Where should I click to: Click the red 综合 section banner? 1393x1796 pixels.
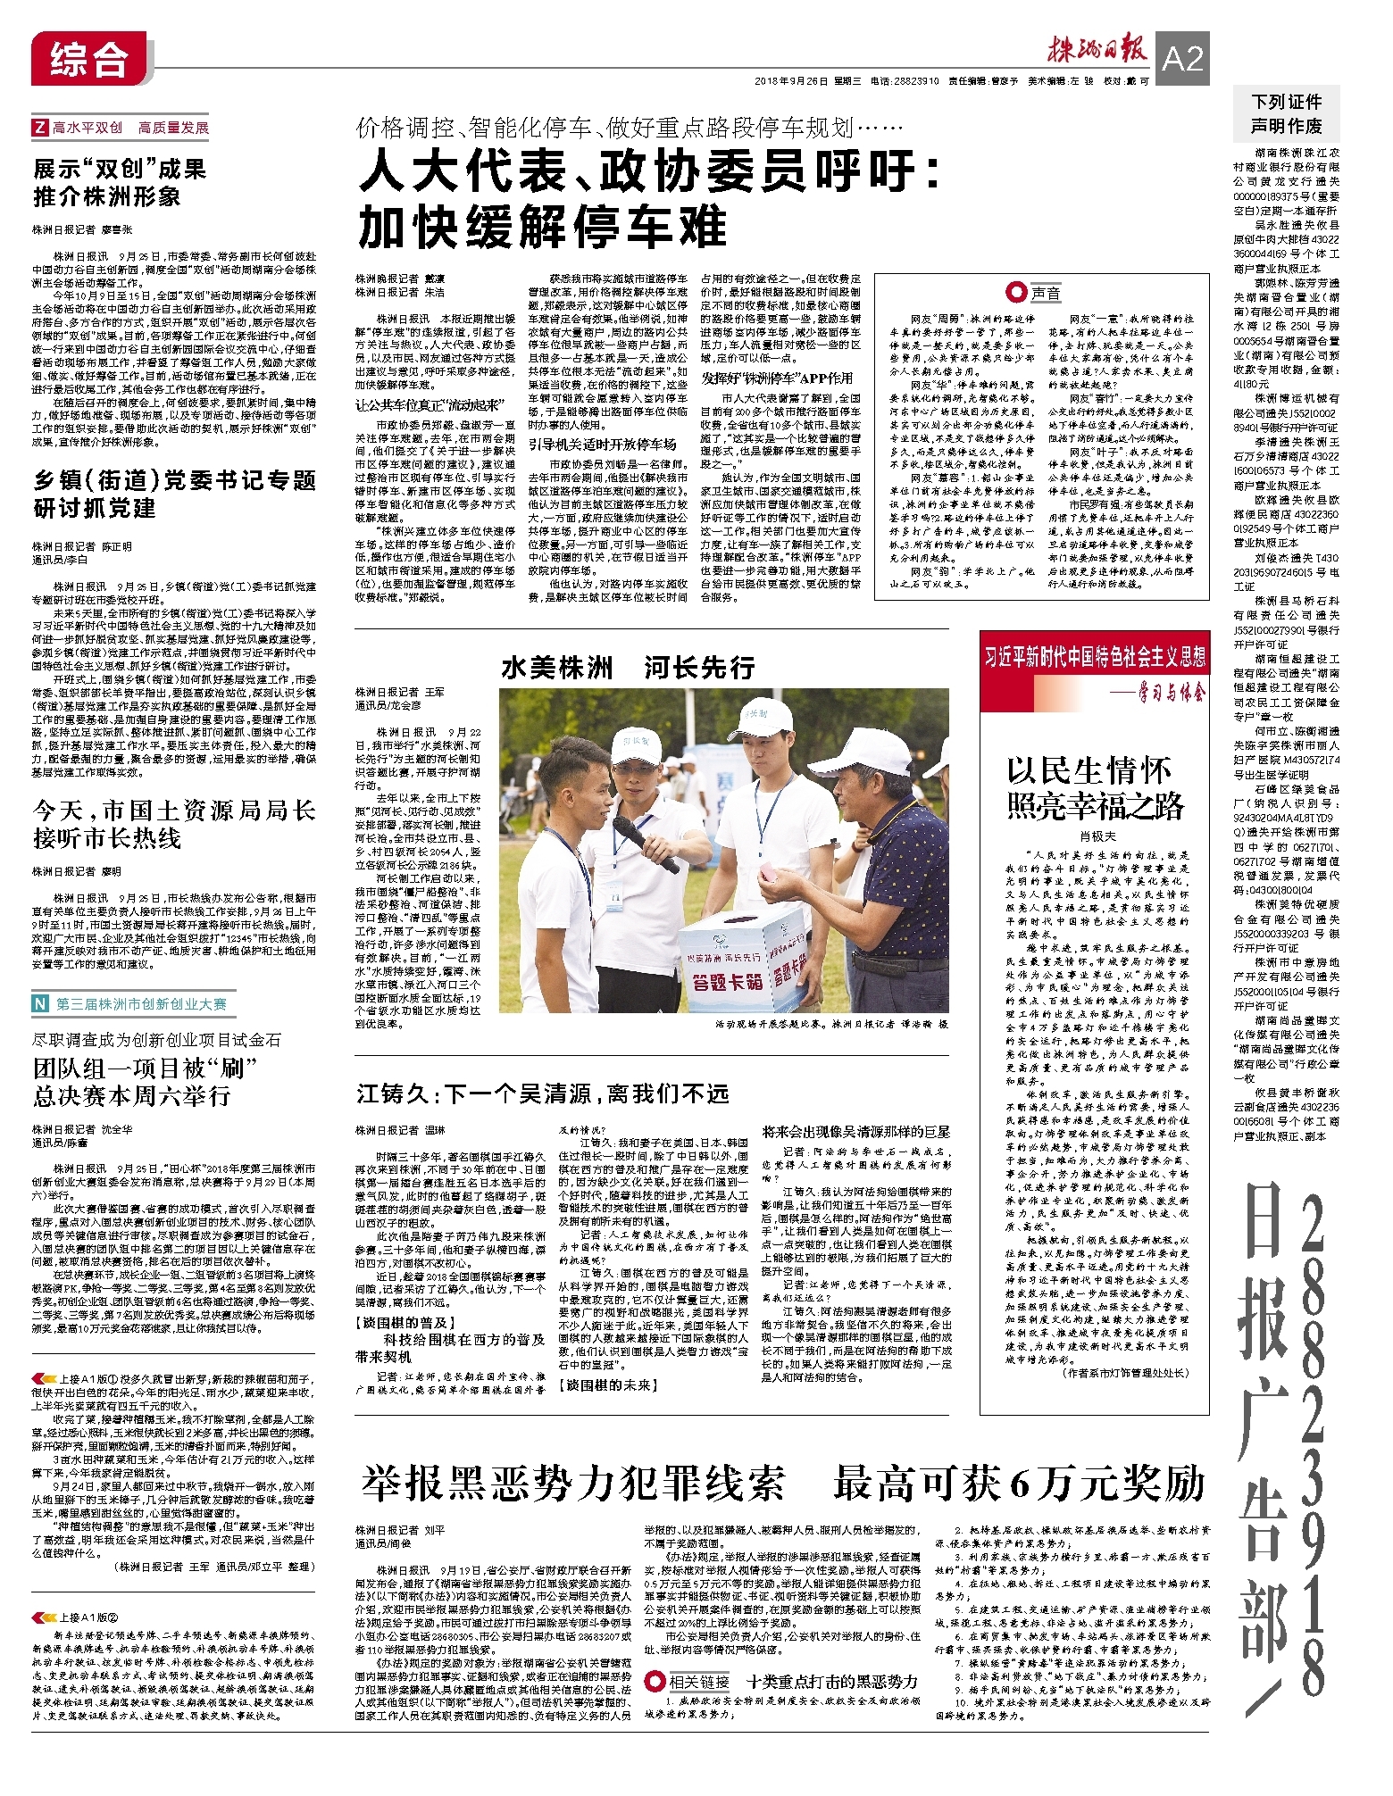[88, 60]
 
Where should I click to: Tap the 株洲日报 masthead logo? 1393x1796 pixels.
[1097, 51]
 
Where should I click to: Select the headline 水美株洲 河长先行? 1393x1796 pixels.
[628, 667]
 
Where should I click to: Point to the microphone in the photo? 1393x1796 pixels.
[645, 844]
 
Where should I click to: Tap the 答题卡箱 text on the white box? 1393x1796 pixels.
[728, 982]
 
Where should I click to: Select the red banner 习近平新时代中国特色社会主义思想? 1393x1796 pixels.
[1095, 657]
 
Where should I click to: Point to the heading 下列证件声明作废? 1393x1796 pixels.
[1286, 113]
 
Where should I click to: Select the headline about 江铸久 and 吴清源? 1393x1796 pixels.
[542, 1093]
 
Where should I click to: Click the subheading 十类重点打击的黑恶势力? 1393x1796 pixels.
[832, 1682]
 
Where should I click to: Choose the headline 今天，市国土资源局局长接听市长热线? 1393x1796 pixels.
[174, 823]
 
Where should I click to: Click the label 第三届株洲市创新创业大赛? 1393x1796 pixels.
[141, 1004]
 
